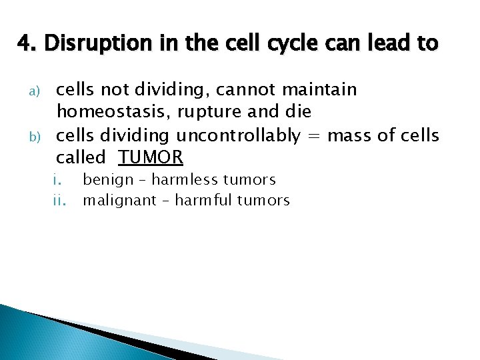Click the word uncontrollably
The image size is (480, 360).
point(238,135)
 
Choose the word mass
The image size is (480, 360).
point(349,135)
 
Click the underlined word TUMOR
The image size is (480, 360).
point(151,158)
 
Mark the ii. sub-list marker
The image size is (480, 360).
point(59,201)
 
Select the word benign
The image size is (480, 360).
point(107,180)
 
